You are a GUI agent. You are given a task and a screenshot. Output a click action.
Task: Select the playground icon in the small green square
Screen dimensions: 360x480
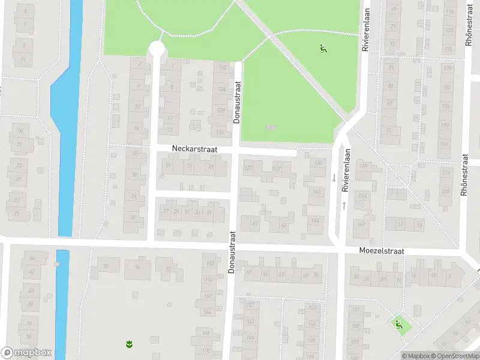[x=398, y=325]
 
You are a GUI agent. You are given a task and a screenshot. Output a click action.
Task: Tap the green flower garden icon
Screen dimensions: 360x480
[x=128, y=344]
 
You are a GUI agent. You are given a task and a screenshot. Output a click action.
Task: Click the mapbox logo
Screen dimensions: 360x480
[x=26, y=353]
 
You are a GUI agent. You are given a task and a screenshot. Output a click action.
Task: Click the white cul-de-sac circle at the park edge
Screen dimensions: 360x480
[x=157, y=49]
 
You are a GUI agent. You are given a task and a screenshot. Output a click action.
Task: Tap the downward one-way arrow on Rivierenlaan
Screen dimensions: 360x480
[x=334, y=178]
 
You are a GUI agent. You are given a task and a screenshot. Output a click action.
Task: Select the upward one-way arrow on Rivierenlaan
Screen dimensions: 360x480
[x=344, y=205]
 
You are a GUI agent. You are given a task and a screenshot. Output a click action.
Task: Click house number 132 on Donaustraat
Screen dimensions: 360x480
[x=221, y=132]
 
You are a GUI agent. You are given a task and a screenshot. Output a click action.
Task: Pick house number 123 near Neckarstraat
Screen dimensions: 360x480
[x=248, y=169]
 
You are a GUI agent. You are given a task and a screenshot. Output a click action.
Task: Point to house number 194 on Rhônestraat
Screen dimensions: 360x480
[x=445, y=144]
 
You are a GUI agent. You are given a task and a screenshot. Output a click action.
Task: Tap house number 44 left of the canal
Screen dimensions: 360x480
[x=32, y=259]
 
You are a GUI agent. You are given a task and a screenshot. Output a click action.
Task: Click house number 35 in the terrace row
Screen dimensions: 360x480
[x=208, y=212]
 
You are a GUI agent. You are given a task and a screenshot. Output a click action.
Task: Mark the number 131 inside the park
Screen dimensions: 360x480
[x=271, y=127]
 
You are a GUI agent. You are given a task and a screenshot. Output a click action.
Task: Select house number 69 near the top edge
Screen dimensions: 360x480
[x=394, y=9]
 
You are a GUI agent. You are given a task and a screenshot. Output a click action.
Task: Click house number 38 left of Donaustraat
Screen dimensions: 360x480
[x=133, y=217]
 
